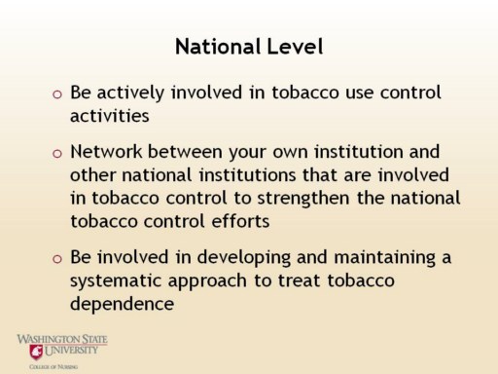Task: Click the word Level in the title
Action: coord(295,47)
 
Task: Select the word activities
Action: coord(110,115)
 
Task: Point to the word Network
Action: coord(106,152)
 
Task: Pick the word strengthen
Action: coord(303,199)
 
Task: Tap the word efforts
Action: coord(240,221)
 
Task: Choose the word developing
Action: coord(244,258)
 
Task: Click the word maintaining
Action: coord(384,258)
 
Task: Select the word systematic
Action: coord(116,280)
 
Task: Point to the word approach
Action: coord(207,281)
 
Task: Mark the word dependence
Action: coord(122,304)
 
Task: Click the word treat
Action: coord(300,280)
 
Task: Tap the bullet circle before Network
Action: coord(57,153)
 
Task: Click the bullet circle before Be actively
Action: coord(57,94)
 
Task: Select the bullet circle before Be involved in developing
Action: coord(57,259)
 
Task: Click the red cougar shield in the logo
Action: coord(36,353)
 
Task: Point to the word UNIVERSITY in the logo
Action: coord(71,350)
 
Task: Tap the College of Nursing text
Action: coord(53,367)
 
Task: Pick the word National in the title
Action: coord(218,47)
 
